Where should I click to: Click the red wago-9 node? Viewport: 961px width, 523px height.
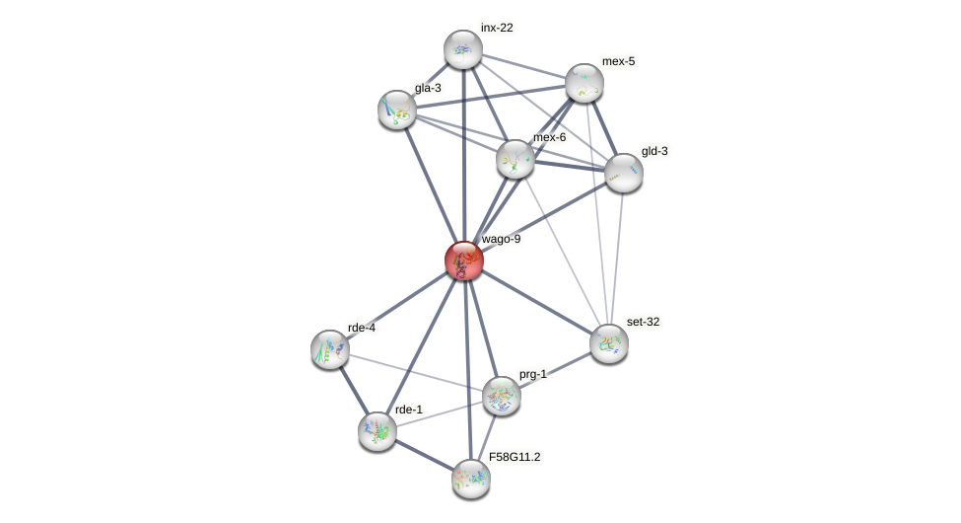pos(463,261)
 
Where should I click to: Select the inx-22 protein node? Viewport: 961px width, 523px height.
pos(462,49)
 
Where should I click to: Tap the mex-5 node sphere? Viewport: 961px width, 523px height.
pos(584,83)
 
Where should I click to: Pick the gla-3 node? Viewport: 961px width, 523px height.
pos(397,109)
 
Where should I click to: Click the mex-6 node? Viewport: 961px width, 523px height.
pos(515,159)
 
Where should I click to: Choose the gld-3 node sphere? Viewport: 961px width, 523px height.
pos(624,173)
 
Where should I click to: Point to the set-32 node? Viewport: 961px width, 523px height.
pos(609,342)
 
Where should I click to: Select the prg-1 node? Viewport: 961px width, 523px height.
pos(502,396)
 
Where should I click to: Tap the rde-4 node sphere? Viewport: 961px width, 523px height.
pos(330,349)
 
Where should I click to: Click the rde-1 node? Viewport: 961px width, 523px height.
pos(378,431)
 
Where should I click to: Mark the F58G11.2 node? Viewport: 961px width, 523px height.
pos(471,479)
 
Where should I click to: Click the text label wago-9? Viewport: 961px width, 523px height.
pos(501,239)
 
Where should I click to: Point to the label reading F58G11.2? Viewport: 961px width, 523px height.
pos(515,457)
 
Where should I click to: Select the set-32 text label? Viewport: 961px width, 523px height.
pos(644,322)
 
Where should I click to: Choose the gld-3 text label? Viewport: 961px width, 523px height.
pos(654,151)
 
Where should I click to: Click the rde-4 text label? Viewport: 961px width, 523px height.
pos(362,328)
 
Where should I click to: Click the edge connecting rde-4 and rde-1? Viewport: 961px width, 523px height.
pos(354,391)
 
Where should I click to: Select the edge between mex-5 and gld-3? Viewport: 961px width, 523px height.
pos(604,128)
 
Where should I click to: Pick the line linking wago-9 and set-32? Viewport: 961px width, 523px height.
pos(536,302)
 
